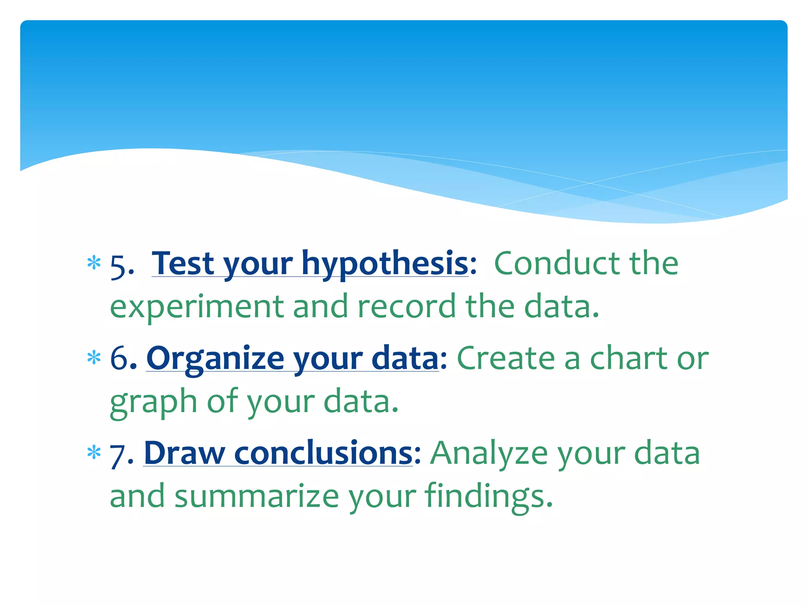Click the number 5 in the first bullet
coord(118,266)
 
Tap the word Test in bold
coord(183,264)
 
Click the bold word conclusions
coord(323,453)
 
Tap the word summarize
coord(257,496)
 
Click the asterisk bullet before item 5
coord(94,263)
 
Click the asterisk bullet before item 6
coord(94,358)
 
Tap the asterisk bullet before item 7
coord(94,453)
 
